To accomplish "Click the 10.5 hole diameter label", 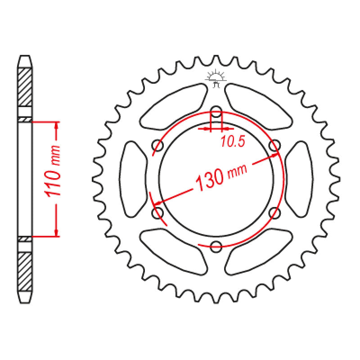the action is [233, 141].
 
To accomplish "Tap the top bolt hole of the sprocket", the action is [216, 112].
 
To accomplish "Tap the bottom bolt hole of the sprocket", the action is [216, 246].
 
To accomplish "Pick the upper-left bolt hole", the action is [158, 145].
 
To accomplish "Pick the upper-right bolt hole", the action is [274, 145].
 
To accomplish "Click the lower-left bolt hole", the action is [158, 213].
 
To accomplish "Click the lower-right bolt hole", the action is [274, 213].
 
